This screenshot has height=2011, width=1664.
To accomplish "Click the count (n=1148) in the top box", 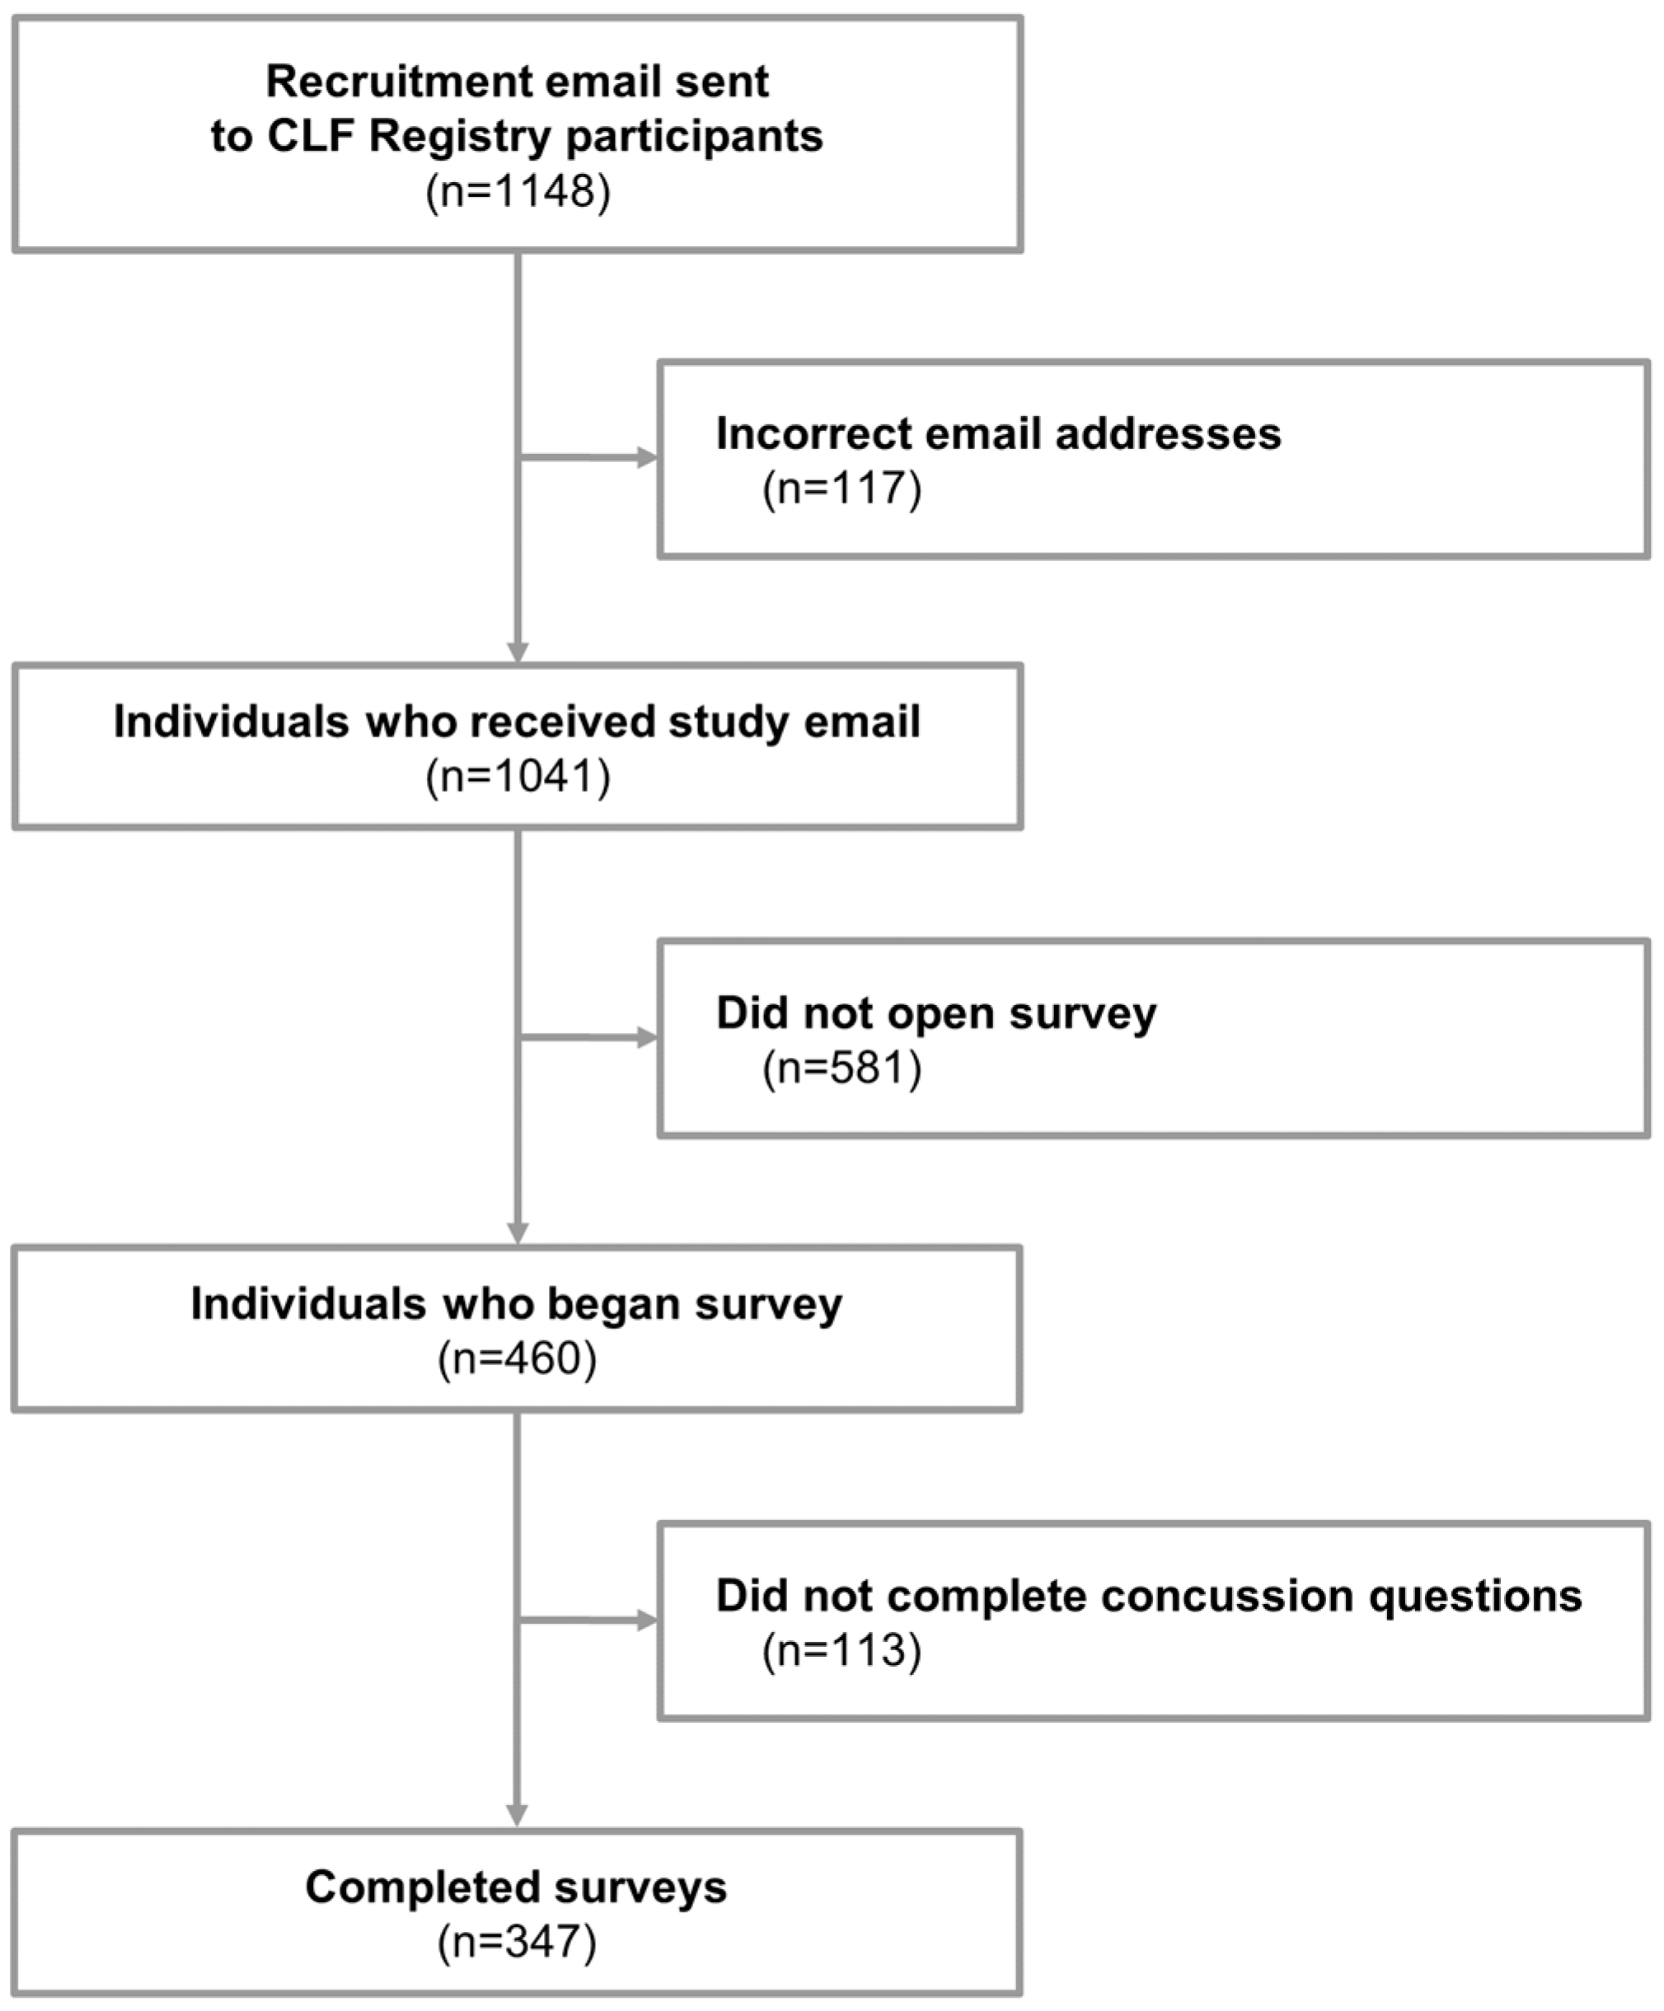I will (x=518, y=191).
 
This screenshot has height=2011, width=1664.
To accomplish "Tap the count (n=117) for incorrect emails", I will (x=841, y=489).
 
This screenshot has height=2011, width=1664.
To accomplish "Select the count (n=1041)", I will (x=518, y=776).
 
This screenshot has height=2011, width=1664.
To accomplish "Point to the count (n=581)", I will (x=841, y=1068).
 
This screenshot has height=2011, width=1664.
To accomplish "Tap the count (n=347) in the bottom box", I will (x=518, y=1942).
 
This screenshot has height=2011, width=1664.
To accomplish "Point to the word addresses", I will (x=1168, y=434).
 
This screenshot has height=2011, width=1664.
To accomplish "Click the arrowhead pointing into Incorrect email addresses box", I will (x=648, y=458).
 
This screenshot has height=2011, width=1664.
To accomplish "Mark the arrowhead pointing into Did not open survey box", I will (x=648, y=1037).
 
